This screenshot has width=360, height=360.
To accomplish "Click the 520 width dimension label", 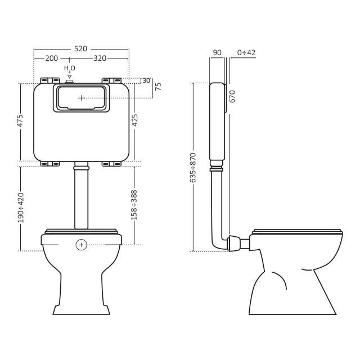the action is [80, 49].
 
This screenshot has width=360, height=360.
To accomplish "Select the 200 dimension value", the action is [51, 58].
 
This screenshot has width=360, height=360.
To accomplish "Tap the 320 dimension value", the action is [100, 58].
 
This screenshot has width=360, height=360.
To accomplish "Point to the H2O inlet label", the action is [70, 68].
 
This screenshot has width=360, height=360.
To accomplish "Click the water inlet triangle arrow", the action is [70, 76].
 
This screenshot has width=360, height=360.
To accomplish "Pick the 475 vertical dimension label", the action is [20, 120].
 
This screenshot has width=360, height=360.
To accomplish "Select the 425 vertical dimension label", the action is [135, 120].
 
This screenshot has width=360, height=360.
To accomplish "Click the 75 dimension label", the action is [158, 86].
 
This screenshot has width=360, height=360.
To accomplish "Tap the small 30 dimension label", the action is [146, 80].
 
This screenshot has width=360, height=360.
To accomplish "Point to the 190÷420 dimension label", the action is [21, 208].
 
